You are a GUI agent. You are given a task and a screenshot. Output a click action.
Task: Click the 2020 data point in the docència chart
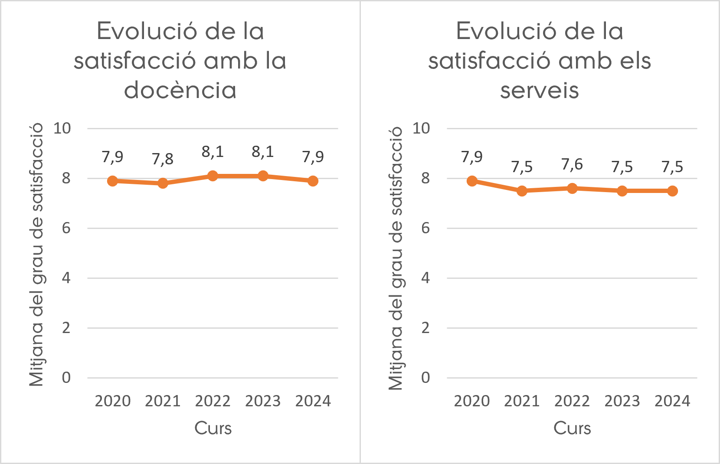pyautogui.click(x=112, y=181)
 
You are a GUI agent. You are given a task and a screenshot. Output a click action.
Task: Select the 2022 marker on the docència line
pyautogui.click(x=213, y=176)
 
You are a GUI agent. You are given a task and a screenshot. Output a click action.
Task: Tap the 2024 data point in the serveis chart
pyautogui.click(x=672, y=191)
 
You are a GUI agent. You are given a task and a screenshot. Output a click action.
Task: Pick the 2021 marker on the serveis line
pyautogui.click(x=522, y=191)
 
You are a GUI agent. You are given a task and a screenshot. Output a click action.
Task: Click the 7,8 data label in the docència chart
pyautogui.click(x=163, y=159)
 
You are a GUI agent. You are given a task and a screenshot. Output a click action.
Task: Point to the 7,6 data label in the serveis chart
pyautogui.click(x=572, y=164)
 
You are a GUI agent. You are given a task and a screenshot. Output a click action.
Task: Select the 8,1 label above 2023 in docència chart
pyautogui.click(x=263, y=152)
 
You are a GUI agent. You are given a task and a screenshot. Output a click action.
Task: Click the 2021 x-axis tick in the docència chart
pyautogui.click(x=163, y=401)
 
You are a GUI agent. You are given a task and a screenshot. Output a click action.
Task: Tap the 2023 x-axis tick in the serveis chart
pyautogui.click(x=622, y=401)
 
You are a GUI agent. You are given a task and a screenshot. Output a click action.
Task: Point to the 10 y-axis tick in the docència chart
pyautogui.click(x=62, y=128)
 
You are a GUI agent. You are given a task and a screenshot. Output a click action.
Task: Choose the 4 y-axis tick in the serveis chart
pyautogui.click(x=425, y=278)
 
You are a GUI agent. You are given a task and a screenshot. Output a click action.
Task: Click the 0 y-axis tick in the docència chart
pyautogui.click(x=66, y=378)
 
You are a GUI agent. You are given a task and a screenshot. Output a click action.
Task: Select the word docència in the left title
pyautogui.click(x=180, y=90)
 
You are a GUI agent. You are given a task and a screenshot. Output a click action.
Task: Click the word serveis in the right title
pyautogui.click(x=539, y=90)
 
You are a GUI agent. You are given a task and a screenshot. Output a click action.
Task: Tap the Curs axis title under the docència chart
pyautogui.click(x=213, y=428)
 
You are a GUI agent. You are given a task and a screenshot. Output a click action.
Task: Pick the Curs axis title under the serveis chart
pyautogui.click(x=572, y=428)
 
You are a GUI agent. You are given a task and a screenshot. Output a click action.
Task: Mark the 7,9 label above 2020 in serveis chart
pyautogui.click(x=472, y=157)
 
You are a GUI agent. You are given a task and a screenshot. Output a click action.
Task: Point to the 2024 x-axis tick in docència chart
pyautogui.click(x=313, y=401)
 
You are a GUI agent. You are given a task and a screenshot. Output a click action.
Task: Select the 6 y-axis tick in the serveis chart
pyautogui.click(x=425, y=228)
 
